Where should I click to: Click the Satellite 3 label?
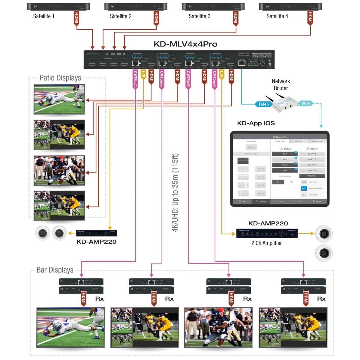[x=199, y=16]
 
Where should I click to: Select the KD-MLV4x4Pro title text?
[x=185, y=44]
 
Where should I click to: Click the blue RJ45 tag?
[x=263, y=104]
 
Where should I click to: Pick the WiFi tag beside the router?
[x=305, y=103]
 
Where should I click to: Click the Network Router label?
[x=281, y=85]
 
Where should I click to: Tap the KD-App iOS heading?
[x=256, y=123]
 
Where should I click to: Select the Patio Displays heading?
[x=60, y=78]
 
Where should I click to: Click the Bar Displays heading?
[x=55, y=270]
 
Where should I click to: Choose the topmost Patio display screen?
[x=59, y=99]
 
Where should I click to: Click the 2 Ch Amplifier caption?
[x=266, y=243]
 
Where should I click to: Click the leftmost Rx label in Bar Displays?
[x=99, y=299]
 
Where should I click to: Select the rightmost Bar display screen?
[x=293, y=327]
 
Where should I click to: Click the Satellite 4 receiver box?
[x=290, y=7]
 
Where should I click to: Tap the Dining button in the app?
[x=285, y=165]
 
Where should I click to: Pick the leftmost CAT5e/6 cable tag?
[x=135, y=79]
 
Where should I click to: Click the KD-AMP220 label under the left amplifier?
[x=96, y=242]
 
